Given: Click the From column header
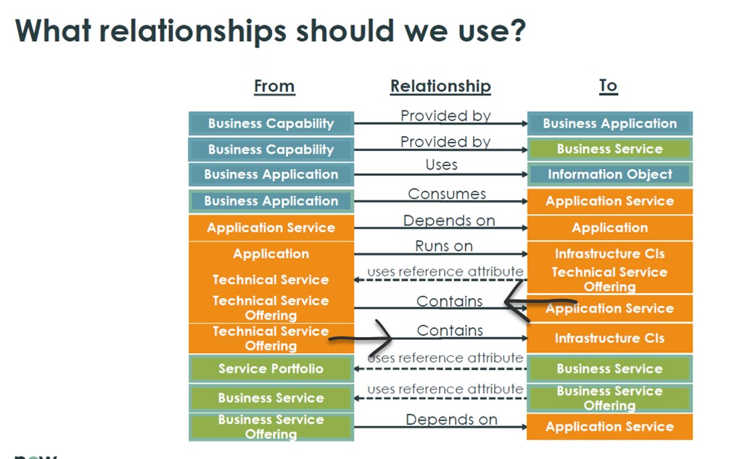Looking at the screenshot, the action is pos(274,86).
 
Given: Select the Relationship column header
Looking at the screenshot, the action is pos(440,86).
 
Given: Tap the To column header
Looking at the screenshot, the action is pos(608,86).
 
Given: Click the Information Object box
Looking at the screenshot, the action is pos(610,174).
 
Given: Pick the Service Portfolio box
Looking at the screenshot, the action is pos(271,369).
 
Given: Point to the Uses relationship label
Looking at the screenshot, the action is pos(441,165).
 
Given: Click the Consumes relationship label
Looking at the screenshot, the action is pos(447,194).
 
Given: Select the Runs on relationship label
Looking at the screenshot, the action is pos(444,247).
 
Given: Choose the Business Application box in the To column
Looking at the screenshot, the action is pos(610,123).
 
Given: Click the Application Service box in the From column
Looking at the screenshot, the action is pos(271,228).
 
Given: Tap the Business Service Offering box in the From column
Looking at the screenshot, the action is pos(271,427).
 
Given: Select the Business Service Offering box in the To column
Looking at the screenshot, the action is pos(610,398).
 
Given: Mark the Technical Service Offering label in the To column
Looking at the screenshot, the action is pos(610,279).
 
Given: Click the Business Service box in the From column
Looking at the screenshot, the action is pos(271,398).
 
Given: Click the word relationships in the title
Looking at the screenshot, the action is pos(193,31).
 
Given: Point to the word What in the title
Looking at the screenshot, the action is pos(53,30).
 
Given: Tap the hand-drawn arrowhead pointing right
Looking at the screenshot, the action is pos(384,338).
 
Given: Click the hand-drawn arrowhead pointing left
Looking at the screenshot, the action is pos(517,302).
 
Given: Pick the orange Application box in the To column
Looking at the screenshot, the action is pos(610,228).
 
